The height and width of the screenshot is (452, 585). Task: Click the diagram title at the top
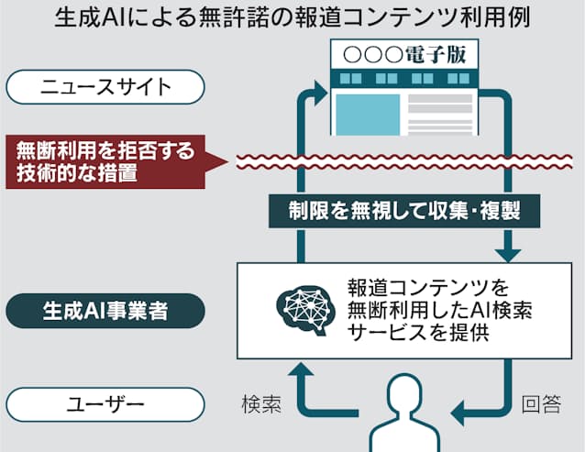coord(292,18)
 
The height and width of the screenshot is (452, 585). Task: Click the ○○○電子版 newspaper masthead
coord(412,55)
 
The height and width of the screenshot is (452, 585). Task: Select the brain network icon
coord(305,309)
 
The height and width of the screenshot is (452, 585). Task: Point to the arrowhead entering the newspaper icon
coord(320,90)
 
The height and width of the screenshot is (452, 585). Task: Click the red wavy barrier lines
coord(403,162)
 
